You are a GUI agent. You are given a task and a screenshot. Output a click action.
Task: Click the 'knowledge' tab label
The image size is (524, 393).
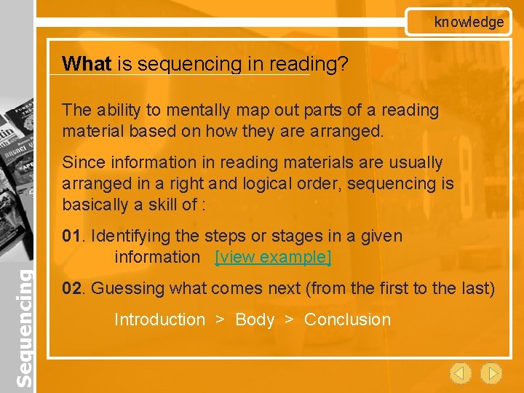469,22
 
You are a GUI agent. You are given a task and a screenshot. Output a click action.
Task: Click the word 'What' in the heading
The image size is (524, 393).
87,64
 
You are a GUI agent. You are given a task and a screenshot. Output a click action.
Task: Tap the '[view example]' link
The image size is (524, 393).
273,257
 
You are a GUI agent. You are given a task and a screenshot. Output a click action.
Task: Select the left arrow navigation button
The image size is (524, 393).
460,373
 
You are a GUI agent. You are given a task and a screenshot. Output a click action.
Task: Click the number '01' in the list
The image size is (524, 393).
71,236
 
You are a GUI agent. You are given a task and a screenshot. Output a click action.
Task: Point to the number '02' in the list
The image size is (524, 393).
71,288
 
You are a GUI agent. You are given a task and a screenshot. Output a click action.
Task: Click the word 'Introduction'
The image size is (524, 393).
159,319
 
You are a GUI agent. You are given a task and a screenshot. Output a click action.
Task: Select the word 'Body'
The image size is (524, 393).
255,319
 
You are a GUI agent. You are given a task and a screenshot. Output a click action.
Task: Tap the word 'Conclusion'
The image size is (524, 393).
347,319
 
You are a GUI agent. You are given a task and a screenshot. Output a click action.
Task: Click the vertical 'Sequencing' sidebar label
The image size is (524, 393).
24,328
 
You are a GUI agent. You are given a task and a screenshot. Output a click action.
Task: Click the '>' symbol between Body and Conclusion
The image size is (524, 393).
289,319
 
